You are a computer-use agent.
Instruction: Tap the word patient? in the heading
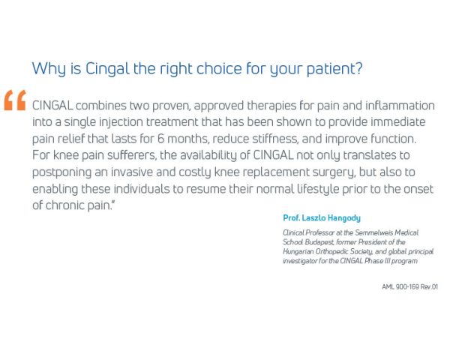pyautogui.click(x=336, y=69)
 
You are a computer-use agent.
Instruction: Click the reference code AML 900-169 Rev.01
pyautogui.click(x=409, y=286)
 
